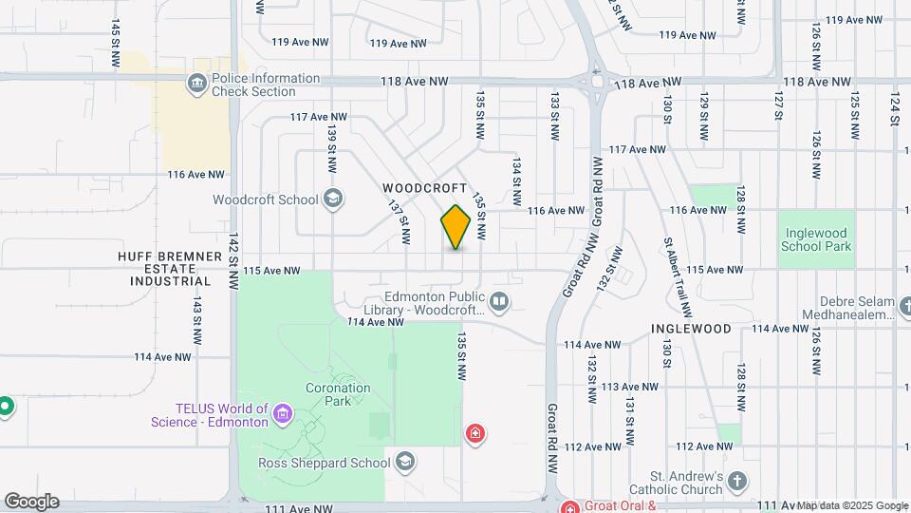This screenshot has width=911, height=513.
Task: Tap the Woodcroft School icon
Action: click(332, 199)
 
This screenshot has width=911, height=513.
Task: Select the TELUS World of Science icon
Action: click(281, 414)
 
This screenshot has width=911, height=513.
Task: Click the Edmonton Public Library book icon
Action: click(500, 302)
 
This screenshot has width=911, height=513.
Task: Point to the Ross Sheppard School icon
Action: click(405, 463)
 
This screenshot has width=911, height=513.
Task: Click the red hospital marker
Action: click(475, 435)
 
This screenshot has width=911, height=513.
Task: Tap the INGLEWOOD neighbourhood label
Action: click(691, 329)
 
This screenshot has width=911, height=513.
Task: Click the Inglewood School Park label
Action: click(816, 238)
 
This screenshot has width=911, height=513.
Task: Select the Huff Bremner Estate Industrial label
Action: click(164, 269)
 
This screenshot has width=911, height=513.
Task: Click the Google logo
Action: click(31, 502)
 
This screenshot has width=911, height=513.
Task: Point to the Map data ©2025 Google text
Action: click(851, 505)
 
